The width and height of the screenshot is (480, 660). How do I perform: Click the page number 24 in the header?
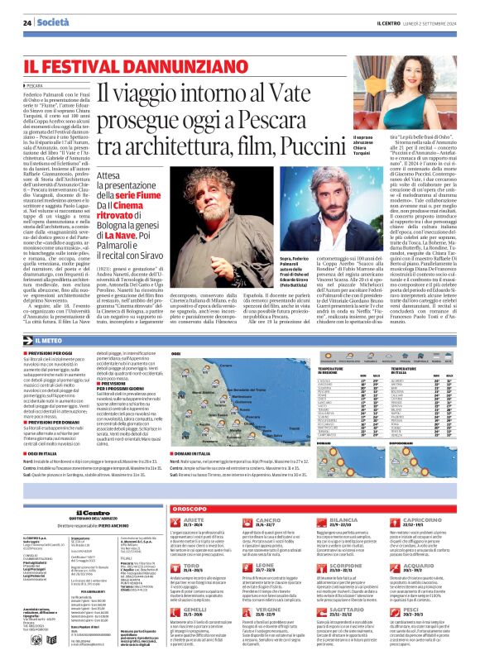pos(27,22)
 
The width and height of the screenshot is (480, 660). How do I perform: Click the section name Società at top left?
pos(53,22)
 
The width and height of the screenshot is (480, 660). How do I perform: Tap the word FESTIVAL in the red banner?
pos(93,65)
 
